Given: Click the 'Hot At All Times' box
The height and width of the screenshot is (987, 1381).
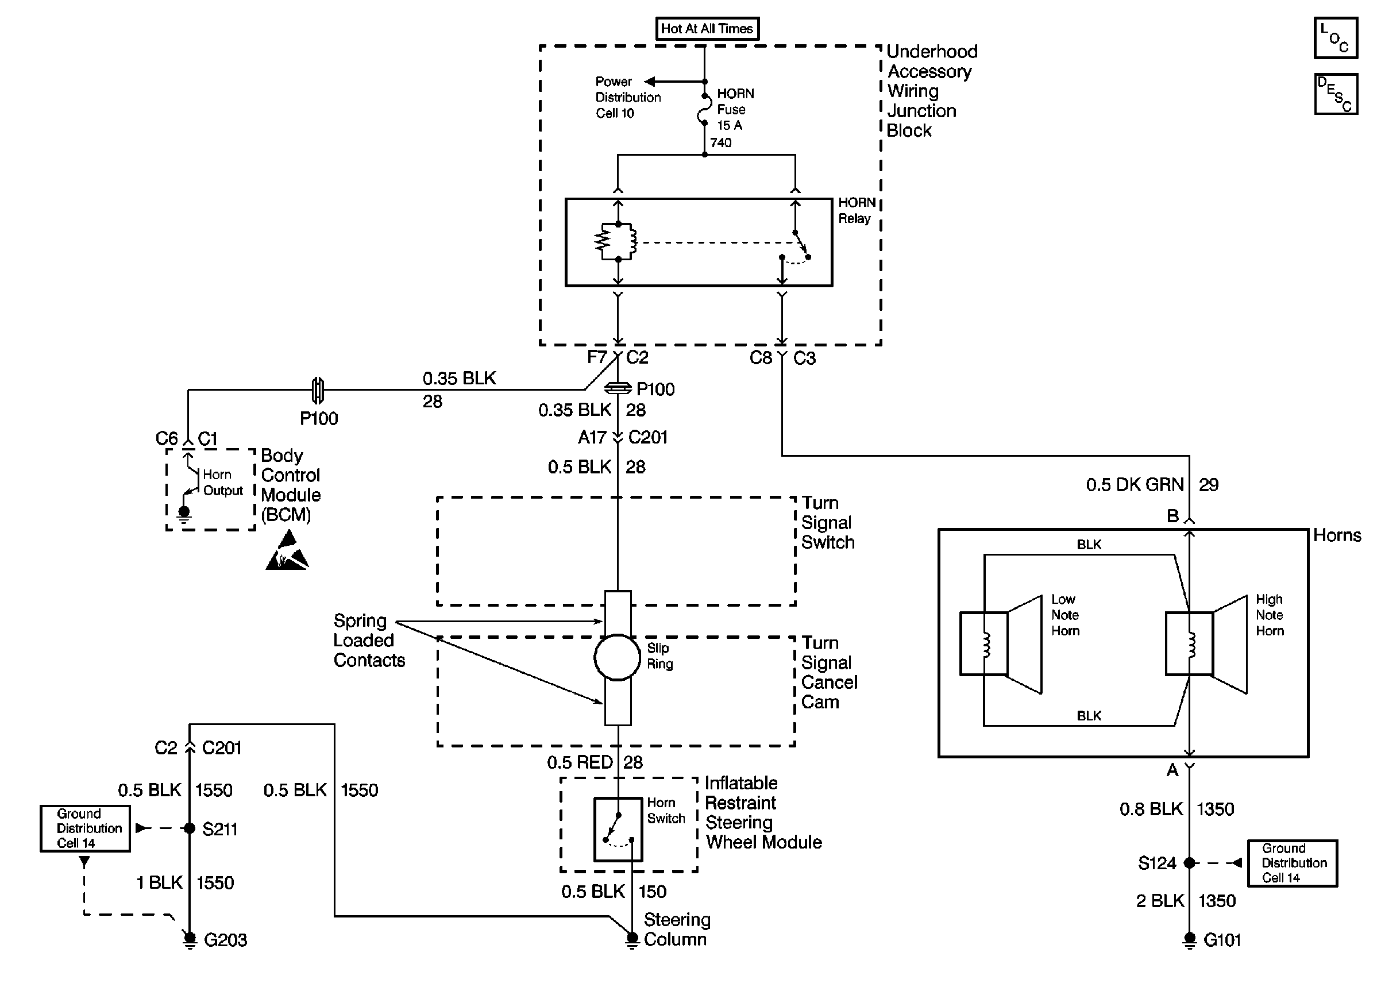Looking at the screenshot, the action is click(707, 29).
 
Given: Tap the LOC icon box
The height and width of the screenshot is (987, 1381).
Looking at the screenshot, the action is click(1336, 38).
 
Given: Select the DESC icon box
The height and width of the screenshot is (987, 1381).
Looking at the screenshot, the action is click(1336, 94).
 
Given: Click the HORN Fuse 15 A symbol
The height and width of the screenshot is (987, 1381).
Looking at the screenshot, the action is click(705, 110).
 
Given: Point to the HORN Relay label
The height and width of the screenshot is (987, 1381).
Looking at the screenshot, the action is click(857, 210).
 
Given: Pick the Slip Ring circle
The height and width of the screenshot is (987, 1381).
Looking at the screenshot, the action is click(618, 657).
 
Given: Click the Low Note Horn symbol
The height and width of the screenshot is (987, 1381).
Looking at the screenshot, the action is click(1001, 643).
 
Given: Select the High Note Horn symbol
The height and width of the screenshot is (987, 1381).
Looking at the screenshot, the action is click(1206, 643).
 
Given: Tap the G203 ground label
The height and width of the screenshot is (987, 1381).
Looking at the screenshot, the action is click(225, 940).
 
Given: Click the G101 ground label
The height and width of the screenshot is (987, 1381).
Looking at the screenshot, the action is click(1222, 940).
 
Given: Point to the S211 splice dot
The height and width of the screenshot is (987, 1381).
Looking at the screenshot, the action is click(190, 828).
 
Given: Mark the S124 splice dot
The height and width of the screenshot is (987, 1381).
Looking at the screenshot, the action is click(1190, 863).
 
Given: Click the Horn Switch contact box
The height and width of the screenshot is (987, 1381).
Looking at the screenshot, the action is click(618, 830).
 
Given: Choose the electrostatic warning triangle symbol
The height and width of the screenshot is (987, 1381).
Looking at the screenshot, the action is click(287, 550).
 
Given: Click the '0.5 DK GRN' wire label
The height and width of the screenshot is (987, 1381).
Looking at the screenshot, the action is click(1135, 485).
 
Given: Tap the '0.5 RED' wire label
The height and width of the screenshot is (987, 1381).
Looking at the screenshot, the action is click(580, 763).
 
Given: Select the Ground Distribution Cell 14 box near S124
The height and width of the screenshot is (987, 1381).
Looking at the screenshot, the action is click(1293, 863).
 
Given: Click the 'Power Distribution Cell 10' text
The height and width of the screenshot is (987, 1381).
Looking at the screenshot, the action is click(628, 97).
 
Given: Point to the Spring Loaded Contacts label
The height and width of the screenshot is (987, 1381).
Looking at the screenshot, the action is click(369, 641).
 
